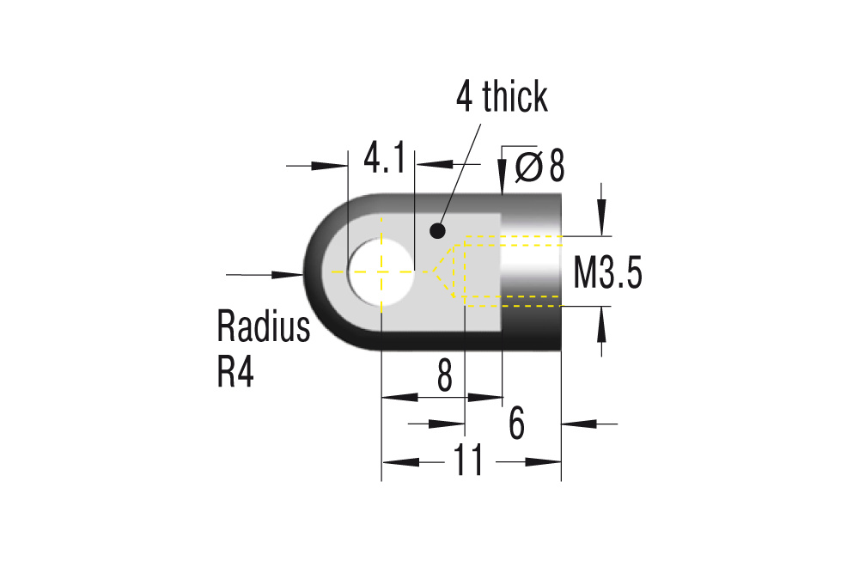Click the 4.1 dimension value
[381, 159]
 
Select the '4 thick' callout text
[502, 97]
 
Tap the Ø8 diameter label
[540, 167]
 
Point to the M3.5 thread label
[607, 275]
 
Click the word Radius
[263, 327]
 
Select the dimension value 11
[469, 462]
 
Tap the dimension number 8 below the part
[444, 376]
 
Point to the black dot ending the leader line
[437, 230]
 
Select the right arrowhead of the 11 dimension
[545, 462]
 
